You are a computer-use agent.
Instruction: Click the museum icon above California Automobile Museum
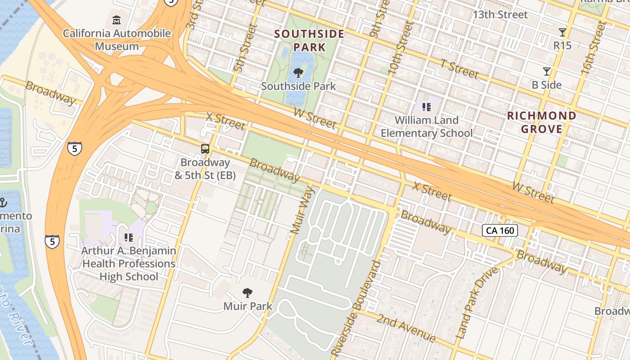click(117, 20)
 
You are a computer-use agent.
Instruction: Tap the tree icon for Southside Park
click(298, 72)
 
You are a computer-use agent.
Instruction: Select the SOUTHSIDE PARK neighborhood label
click(309, 40)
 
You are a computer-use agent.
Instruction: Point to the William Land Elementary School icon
click(426, 107)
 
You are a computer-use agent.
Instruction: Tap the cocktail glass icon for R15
click(562, 32)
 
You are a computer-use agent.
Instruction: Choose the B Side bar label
click(546, 85)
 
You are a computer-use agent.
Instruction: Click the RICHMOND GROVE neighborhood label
click(541, 122)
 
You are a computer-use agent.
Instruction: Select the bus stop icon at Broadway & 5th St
click(205, 149)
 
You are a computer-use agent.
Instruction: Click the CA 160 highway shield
click(500, 231)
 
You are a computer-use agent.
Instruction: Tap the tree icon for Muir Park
click(247, 293)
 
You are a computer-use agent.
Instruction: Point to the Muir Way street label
click(301, 210)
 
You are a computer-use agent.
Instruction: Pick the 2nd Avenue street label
click(406, 328)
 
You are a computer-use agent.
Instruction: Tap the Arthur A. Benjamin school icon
click(128, 237)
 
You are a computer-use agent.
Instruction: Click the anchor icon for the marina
click(3, 202)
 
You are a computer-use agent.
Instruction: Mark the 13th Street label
click(499, 14)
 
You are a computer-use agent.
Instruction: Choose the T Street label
click(459, 69)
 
